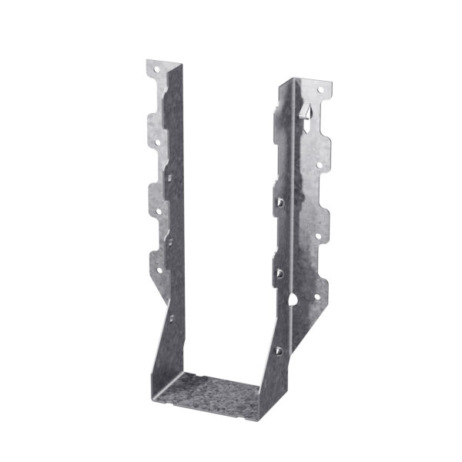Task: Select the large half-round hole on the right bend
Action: pyautogui.click(x=293, y=296)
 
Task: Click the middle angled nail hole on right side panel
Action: pyautogui.click(x=280, y=273)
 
